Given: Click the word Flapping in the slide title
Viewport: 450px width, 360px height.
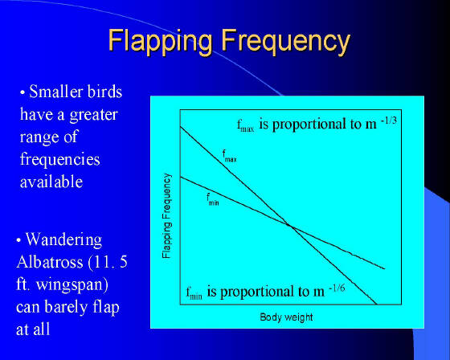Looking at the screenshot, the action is click(161, 41).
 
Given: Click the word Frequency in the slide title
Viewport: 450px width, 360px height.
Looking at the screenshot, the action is click(286, 41).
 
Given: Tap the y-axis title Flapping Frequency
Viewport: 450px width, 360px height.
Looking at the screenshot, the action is click(167, 216).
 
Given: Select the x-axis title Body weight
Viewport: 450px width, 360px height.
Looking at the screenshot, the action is click(286, 317).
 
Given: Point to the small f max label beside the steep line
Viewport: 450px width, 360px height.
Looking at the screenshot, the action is click(229, 156).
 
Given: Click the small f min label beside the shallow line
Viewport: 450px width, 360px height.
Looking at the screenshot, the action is click(213, 199).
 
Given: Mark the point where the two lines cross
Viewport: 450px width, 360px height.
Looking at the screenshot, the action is click(290, 226).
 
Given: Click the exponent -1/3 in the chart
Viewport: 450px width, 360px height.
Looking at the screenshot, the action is click(389, 121).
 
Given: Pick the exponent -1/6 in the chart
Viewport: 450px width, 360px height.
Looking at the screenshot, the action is click(337, 288).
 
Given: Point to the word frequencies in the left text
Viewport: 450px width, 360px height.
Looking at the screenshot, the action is click(60, 159).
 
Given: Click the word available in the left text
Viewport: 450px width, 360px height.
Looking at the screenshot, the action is click(51, 182).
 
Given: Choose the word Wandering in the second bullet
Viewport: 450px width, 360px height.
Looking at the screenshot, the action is click(63, 239).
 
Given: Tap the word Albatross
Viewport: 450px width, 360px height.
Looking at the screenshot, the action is click(50, 262).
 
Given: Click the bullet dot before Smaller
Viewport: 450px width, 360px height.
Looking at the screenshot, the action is click(22, 92).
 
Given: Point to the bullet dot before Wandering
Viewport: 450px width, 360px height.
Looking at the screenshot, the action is click(19, 240).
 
